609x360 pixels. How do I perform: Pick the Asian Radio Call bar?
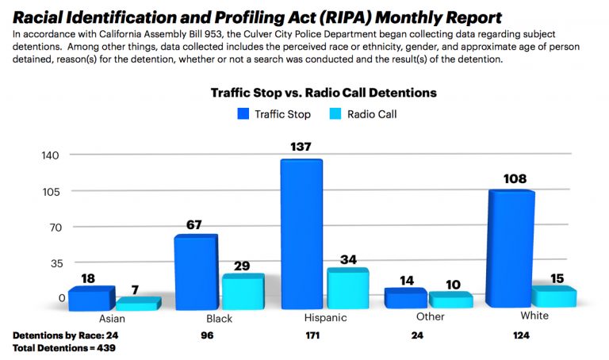[138, 304]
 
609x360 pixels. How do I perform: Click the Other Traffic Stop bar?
[404, 298]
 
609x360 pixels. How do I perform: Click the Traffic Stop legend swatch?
[243, 114]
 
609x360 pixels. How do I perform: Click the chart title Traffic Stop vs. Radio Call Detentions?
[323, 93]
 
